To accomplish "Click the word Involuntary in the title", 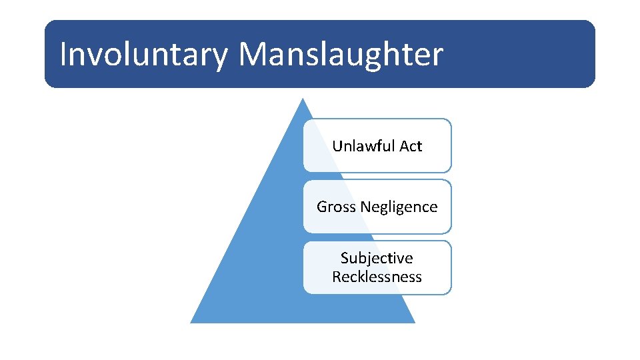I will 143,55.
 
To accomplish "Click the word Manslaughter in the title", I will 340,55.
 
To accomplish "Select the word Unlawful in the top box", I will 364,146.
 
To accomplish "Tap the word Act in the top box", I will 411,146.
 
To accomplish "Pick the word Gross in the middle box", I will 336,207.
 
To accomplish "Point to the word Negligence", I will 399,207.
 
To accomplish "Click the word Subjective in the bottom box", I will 377,258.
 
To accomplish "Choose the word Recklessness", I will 377,277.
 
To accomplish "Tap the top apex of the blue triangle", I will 303,99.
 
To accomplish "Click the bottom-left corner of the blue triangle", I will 191,323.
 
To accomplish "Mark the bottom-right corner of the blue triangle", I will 415,323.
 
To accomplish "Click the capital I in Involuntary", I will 63,55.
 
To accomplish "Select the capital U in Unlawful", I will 337,146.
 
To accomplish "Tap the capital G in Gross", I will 322,207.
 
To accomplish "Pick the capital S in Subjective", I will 345,258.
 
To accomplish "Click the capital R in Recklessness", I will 337,277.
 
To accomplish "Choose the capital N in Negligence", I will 365,207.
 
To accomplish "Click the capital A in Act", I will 403,146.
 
